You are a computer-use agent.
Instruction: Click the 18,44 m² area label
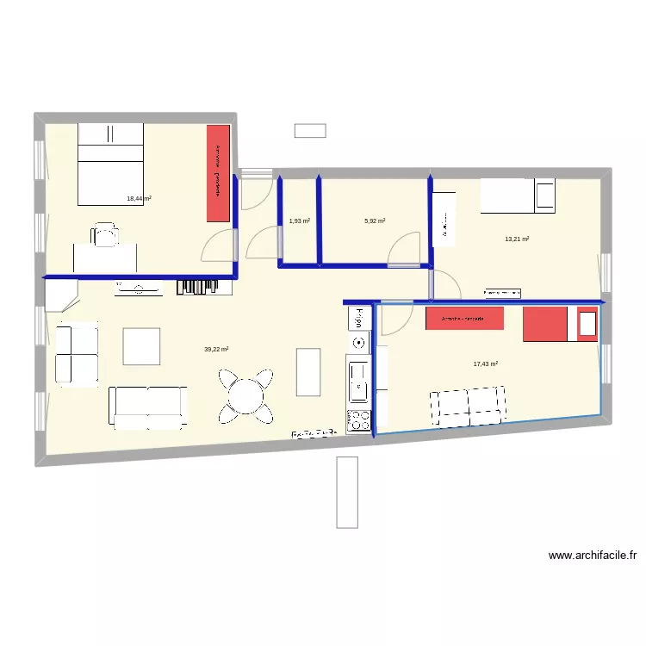pos(139,198)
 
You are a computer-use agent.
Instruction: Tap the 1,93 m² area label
pos(299,221)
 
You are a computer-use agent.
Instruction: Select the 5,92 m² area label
pos(375,221)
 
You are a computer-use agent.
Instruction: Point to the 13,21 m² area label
pos(517,239)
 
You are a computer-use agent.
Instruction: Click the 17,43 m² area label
pos(486,363)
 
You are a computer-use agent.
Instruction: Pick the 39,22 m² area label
pos(216,349)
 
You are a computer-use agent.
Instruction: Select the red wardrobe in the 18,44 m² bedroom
pos(218,172)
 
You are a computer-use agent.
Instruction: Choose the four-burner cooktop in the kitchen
pos(358,419)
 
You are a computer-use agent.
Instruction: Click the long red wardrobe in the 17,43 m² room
pos(465,319)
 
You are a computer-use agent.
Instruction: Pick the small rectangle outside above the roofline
pos(310,130)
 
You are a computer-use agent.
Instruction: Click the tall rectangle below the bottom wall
pos(347,491)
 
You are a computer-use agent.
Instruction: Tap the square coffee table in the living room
pos(141,346)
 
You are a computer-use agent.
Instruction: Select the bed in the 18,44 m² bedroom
pos(110,164)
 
